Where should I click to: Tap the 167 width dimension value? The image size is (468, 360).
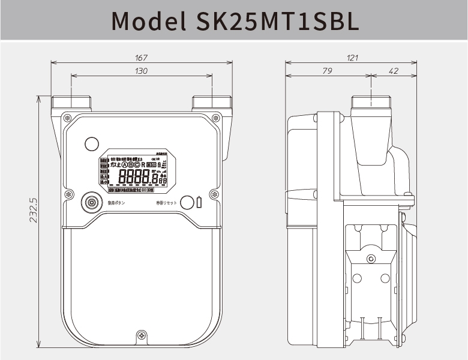point(142,58)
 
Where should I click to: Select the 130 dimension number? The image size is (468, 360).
point(142,71)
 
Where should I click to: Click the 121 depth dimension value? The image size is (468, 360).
point(352,58)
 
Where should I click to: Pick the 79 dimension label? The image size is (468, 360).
point(328,71)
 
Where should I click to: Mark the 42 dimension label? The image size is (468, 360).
point(394,71)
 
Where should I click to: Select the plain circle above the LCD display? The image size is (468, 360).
point(91,144)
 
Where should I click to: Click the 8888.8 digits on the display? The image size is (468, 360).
point(139,177)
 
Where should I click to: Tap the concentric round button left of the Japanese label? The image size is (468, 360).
point(92,202)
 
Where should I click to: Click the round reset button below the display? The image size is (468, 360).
point(187,202)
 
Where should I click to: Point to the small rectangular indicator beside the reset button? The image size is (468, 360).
point(199,202)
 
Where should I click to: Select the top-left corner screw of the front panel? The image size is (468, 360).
point(67,117)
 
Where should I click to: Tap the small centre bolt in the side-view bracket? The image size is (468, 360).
point(370,259)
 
